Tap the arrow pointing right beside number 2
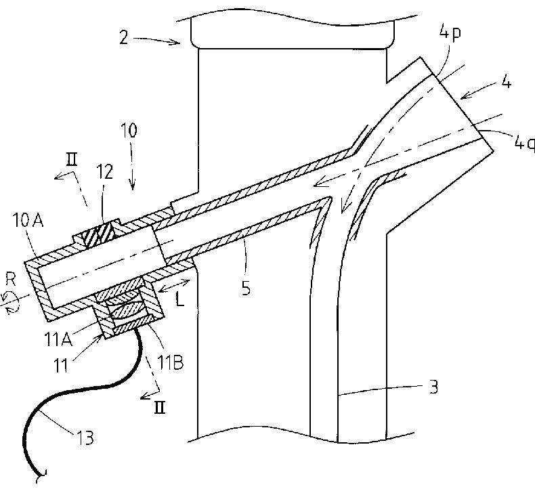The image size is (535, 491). pos(159,42)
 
